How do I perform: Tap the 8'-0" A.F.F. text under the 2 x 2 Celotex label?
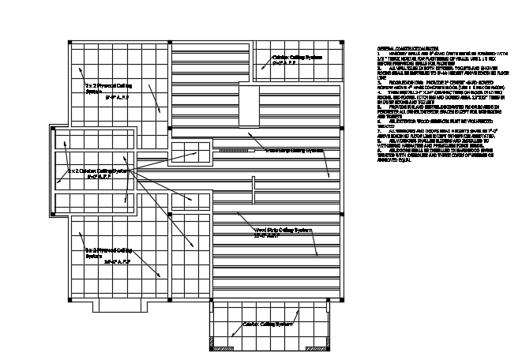(x=99, y=177)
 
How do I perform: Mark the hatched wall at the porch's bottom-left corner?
(x=213, y=344)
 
